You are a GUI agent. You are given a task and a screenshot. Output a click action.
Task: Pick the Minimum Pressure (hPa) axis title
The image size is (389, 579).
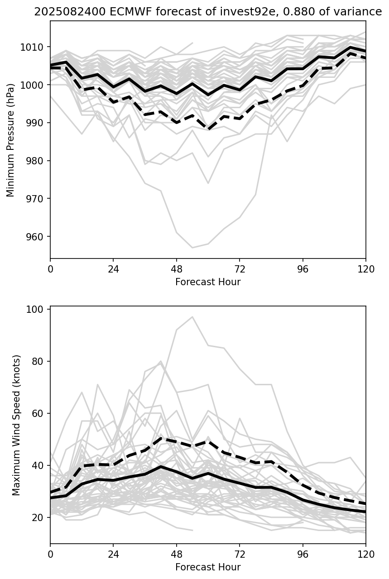point(11,140)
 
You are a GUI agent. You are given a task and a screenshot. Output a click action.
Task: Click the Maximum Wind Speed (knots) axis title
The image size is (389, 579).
point(17,425)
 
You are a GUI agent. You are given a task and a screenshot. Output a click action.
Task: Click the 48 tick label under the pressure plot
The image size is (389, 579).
point(176,269)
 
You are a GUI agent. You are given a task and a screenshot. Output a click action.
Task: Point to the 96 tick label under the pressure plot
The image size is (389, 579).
point(303,269)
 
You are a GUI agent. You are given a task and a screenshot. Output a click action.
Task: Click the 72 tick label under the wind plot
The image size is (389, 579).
point(240,554)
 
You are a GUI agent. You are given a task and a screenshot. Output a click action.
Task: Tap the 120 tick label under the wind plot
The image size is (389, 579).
point(365,554)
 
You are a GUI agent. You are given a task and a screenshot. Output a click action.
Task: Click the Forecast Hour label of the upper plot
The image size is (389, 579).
point(208,282)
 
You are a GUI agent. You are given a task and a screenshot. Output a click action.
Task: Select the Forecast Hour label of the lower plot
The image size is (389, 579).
point(208,567)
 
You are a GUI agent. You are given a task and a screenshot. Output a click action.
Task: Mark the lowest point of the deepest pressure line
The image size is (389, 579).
point(192,248)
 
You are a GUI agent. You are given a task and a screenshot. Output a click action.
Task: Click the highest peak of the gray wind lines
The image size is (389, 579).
point(192,316)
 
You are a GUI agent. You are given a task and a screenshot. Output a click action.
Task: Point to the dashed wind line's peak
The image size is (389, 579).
point(161,438)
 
